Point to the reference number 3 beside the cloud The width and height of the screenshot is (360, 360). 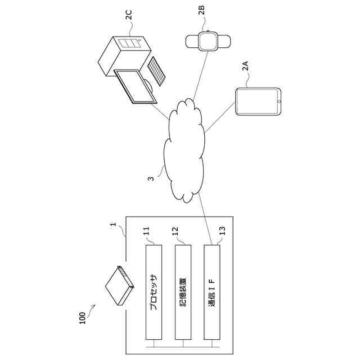click(x=151, y=179)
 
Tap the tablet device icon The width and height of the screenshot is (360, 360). click(x=258, y=102)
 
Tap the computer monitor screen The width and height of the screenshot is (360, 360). click(x=135, y=85)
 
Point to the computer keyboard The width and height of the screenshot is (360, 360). click(x=156, y=72)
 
